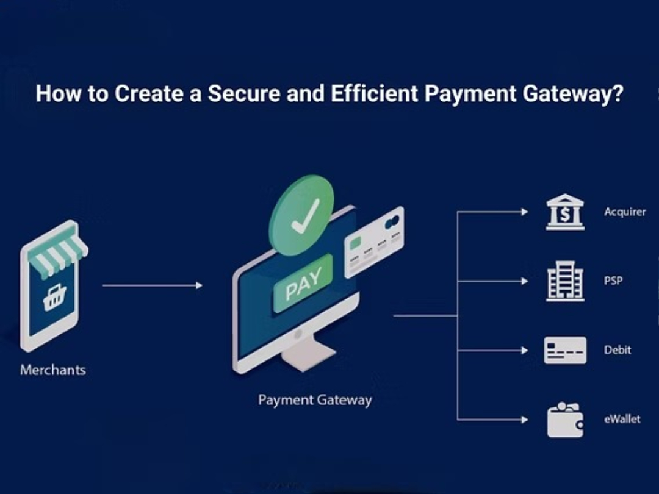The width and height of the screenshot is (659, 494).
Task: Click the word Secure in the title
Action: click(240, 94)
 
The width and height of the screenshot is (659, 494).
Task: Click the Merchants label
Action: click(53, 370)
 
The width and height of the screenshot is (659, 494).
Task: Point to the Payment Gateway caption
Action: click(315, 400)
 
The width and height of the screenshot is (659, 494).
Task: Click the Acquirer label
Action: click(625, 212)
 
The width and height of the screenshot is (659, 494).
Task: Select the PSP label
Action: click(613, 281)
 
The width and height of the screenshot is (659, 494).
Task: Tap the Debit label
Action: click(617, 350)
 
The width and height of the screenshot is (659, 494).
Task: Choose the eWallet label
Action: click(622, 419)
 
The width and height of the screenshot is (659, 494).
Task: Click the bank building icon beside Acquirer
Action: click(564, 212)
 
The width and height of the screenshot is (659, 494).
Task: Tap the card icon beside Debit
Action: click(565, 351)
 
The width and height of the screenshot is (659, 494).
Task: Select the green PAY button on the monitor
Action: click(303, 284)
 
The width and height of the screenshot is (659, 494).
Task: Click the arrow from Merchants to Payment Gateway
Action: click(152, 285)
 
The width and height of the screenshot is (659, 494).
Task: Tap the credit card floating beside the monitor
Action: click(374, 242)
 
